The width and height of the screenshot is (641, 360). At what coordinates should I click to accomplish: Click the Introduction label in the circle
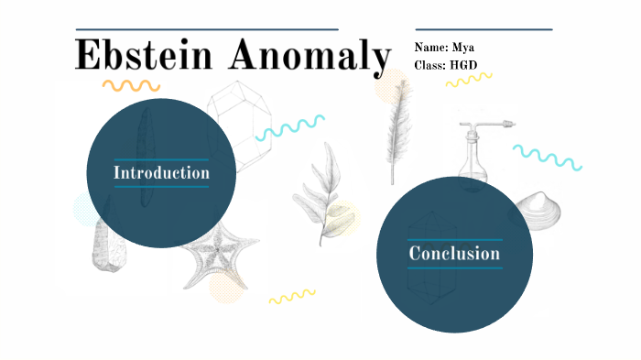point(161,172)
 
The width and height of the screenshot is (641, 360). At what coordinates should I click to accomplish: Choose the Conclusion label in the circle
point(454,254)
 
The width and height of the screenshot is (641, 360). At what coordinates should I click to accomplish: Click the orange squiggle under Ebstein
point(130,85)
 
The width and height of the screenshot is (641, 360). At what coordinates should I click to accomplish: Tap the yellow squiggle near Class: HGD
point(468,81)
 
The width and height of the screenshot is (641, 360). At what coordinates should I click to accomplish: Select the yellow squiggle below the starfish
point(291,297)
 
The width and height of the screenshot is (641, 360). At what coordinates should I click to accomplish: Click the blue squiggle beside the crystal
point(290,127)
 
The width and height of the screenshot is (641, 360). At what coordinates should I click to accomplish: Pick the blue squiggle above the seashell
point(547,157)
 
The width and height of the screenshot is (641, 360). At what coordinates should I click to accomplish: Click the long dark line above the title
point(207,29)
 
